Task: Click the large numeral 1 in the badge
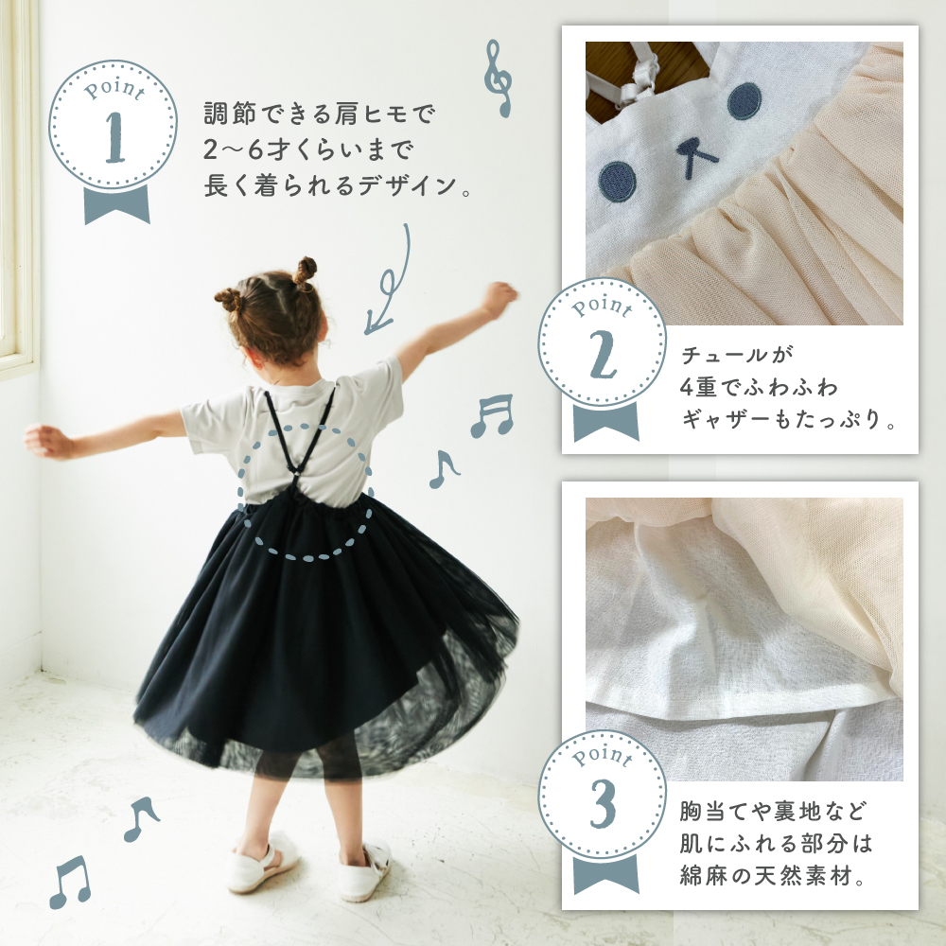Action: pos(115,137)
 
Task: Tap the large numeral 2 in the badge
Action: pos(604,356)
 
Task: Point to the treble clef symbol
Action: pos(499,79)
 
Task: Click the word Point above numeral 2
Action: pos(602,306)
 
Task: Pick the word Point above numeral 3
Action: pos(602,755)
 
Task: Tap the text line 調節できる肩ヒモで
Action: pos(319,114)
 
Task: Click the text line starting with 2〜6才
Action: pos(308,149)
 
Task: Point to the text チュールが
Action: pos(737,355)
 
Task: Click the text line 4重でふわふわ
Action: pos(759,386)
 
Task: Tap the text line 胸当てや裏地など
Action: pos(774,811)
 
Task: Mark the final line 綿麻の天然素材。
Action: pos(773,875)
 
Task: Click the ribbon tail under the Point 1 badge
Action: pos(116,204)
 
